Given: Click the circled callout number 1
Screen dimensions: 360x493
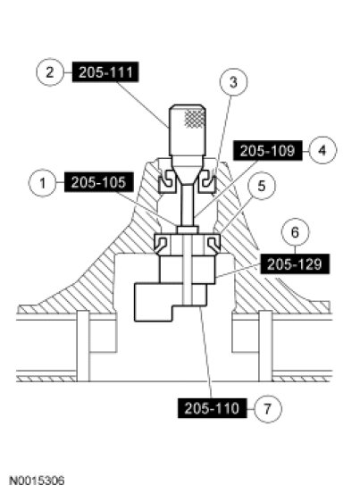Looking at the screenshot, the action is (x=43, y=183).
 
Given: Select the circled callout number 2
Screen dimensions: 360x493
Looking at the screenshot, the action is (x=50, y=72).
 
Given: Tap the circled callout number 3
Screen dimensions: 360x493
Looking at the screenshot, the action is (x=233, y=82).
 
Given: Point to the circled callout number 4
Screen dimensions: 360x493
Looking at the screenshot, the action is (x=322, y=150).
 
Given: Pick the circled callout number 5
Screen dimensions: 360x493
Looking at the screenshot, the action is (x=262, y=186).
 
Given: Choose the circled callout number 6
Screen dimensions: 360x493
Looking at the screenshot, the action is (x=295, y=232).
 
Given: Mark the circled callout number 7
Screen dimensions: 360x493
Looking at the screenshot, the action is (x=268, y=409).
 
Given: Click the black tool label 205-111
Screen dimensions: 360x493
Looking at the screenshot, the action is (x=105, y=72).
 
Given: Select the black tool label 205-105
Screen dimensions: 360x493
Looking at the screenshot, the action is (x=99, y=182).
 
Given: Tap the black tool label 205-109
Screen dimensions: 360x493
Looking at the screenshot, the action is (x=268, y=151).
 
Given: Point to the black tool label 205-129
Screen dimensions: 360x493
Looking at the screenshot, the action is (x=295, y=263).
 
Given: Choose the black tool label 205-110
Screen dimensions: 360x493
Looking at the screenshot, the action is (x=213, y=408).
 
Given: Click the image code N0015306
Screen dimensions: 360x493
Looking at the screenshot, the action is (x=37, y=480).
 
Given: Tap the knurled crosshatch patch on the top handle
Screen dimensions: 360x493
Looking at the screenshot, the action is (x=195, y=118).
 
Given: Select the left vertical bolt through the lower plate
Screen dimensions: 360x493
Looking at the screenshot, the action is (x=83, y=346).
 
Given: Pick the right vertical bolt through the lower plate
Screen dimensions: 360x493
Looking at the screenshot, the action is (x=265, y=346).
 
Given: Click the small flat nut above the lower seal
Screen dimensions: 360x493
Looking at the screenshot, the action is (x=188, y=230).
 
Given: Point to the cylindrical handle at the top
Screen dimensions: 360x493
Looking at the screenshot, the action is (x=188, y=130).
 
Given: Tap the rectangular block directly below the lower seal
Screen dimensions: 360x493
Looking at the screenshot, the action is (x=188, y=270).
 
